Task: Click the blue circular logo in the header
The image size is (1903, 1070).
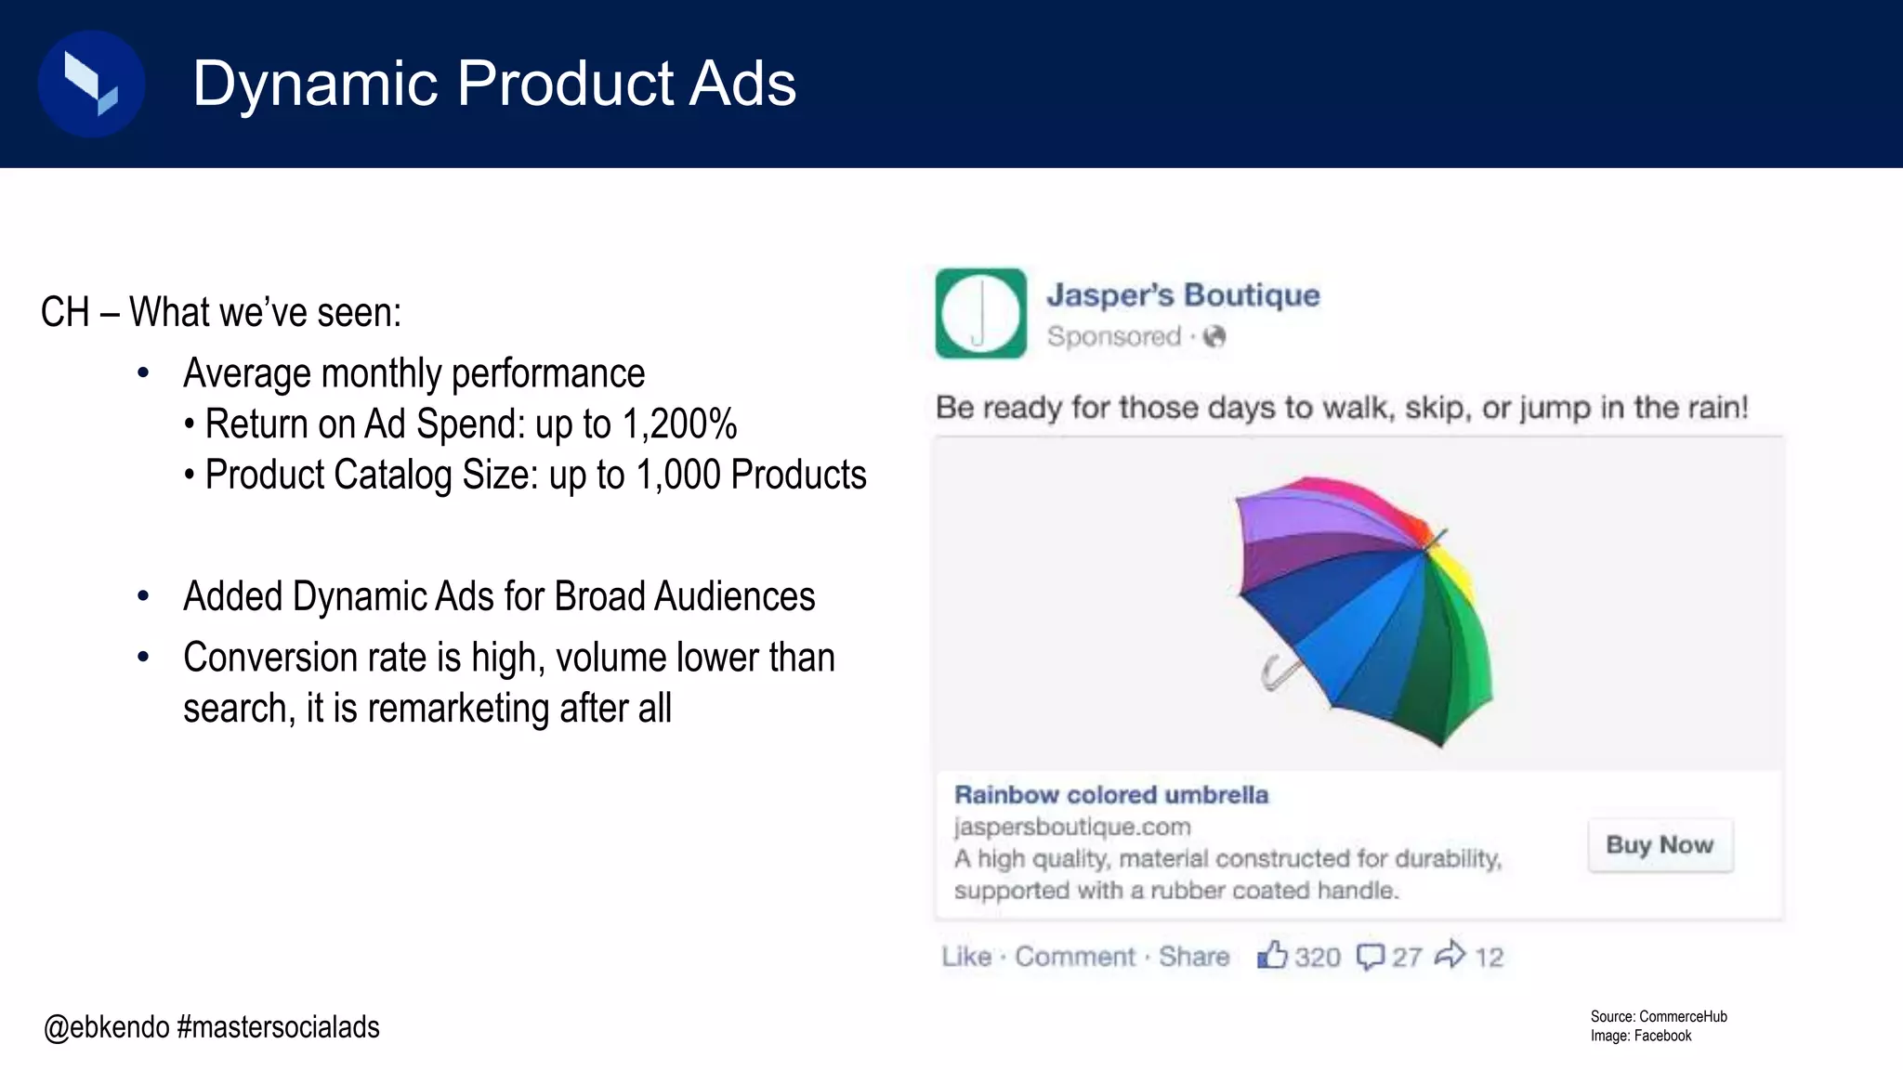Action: (x=91, y=84)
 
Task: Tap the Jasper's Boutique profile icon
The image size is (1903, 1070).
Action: (x=980, y=313)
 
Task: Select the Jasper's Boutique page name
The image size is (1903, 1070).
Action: (x=1183, y=294)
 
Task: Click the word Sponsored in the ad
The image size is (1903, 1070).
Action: (x=1113, y=336)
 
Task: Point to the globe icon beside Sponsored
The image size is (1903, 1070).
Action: (x=1214, y=336)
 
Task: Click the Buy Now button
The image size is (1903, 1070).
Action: (x=1660, y=844)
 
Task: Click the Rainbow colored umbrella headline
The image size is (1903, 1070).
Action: (x=1110, y=795)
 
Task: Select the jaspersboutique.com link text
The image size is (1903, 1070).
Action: (x=1071, y=827)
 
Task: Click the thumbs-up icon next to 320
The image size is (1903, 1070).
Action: (x=1272, y=955)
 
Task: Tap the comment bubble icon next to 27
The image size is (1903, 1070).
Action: (x=1370, y=957)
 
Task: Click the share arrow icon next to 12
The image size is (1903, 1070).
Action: (x=1450, y=955)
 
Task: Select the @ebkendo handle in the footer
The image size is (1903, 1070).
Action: (x=106, y=1027)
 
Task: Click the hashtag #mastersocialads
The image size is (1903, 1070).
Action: (x=278, y=1027)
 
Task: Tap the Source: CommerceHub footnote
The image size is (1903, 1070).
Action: (x=1658, y=1016)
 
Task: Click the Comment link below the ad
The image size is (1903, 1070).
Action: (x=1074, y=957)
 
